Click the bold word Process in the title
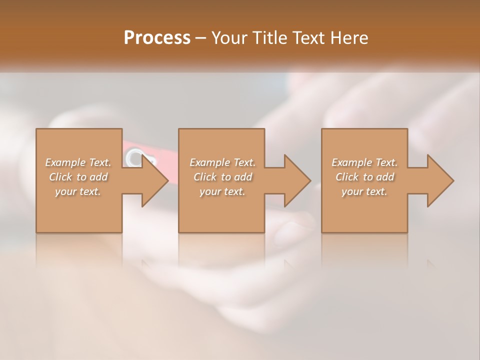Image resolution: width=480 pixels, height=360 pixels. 157,38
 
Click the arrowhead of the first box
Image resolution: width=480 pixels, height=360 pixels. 155,180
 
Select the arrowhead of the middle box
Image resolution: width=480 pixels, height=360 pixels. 297,180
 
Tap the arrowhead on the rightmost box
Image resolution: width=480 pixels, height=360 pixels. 440,180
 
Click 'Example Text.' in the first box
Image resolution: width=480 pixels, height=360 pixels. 78,162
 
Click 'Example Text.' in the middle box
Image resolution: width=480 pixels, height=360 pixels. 222,162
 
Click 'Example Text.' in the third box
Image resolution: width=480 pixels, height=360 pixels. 364,162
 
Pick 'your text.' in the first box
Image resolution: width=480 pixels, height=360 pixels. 78,191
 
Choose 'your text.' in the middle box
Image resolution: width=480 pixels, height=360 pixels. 222,191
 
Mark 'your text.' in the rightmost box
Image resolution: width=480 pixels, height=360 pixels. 364,191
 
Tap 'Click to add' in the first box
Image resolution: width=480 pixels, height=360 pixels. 78,177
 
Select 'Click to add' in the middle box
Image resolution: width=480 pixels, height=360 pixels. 222,177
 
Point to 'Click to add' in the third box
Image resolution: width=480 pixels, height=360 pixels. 365,177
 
